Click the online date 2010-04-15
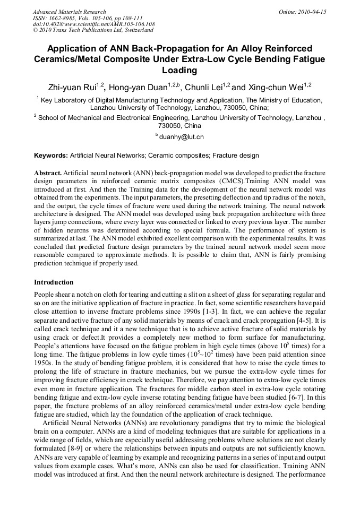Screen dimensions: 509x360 click(x=312, y=12)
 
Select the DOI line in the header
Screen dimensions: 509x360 click(x=94, y=24)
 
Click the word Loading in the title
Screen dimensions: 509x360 click(x=179, y=70)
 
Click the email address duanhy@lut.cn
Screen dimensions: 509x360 click(x=181, y=137)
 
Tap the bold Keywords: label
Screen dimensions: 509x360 click(x=51, y=156)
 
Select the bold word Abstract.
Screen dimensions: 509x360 click(x=48, y=174)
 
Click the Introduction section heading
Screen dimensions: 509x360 click(x=54, y=282)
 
